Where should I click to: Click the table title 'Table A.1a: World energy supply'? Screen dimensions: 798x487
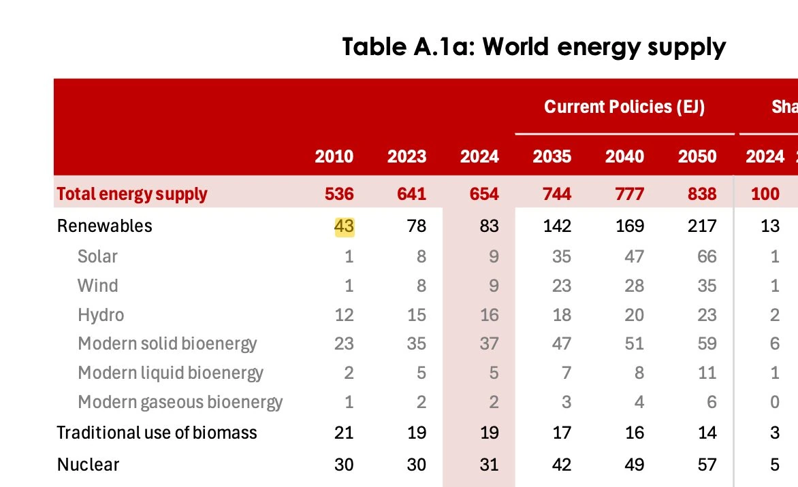click(x=534, y=48)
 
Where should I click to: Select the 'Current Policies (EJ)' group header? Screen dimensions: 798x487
click(x=624, y=107)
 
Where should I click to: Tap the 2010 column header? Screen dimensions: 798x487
click(x=334, y=156)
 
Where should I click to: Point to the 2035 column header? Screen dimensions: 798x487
click(x=552, y=156)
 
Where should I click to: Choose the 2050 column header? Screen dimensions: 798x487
click(x=697, y=156)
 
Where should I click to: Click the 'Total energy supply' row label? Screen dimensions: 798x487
click(x=132, y=195)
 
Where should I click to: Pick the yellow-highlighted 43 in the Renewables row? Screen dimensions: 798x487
click(x=344, y=226)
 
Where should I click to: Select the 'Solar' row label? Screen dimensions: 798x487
click(x=97, y=256)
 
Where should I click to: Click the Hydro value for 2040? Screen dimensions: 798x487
click(x=634, y=315)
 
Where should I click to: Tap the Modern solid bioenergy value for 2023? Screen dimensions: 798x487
click(x=416, y=343)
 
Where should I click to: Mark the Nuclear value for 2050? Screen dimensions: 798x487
click(x=707, y=465)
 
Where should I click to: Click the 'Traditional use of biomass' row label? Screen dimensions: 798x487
click(x=157, y=433)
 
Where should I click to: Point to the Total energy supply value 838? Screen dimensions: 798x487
click(x=702, y=195)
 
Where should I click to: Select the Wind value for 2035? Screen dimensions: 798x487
click(x=561, y=286)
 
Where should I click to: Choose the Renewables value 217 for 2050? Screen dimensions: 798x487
click(x=702, y=226)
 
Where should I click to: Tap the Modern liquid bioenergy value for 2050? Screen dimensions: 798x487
click(x=707, y=373)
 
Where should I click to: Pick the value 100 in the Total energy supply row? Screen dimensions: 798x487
click(x=765, y=195)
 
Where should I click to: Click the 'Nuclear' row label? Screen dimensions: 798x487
click(x=88, y=465)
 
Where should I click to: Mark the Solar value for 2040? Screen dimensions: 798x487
click(x=634, y=256)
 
